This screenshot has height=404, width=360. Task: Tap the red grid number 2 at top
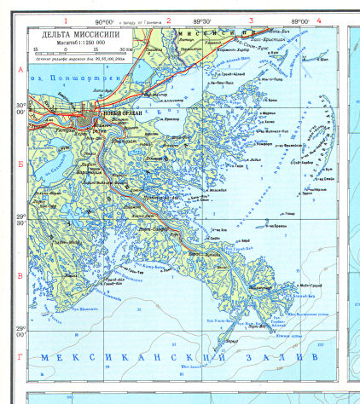pyautogui.click(x=168, y=20)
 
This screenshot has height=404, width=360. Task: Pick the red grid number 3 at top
pyautogui.click(x=251, y=20)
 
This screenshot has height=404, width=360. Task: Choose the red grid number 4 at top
pyautogui.click(x=318, y=20)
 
